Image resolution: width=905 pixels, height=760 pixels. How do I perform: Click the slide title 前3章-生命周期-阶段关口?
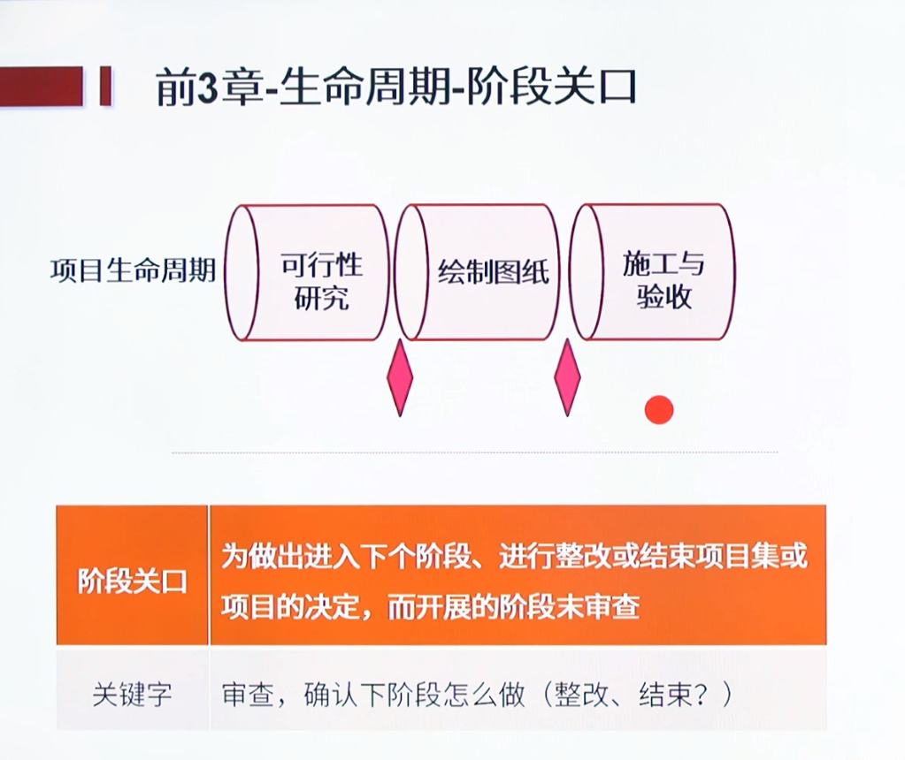click(x=396, y=88)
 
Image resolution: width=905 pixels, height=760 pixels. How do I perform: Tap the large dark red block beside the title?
click(x=41, y=86)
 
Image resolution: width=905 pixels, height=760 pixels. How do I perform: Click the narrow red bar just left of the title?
click(x=105, y=86)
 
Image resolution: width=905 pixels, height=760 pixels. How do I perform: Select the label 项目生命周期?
click(x=134, y=270)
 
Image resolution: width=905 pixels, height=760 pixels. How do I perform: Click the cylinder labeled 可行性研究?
click(x=307, y=272)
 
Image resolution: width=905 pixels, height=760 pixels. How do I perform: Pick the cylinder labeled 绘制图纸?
click(x=478, y=272)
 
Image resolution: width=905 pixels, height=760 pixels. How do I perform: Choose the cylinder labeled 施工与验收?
click(x=652, y=272)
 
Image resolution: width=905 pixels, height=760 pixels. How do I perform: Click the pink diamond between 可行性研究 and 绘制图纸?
click(x=400, y=377)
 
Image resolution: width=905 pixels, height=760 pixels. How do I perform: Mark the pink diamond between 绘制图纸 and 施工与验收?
click(x=567, y=377)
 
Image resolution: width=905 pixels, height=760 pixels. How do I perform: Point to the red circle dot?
click(x=659, y=410)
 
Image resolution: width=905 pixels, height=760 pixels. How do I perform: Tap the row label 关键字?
click(x=132, y=694)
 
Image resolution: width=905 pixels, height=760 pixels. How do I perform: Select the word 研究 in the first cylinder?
click(x=321, y=298)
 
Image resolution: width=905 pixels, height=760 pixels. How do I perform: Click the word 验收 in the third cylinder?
click(x=663, y=297)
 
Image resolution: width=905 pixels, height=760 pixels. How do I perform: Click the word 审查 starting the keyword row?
click(x=249, y=695)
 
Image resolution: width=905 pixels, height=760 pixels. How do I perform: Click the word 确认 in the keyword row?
click(x=331, y=695)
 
